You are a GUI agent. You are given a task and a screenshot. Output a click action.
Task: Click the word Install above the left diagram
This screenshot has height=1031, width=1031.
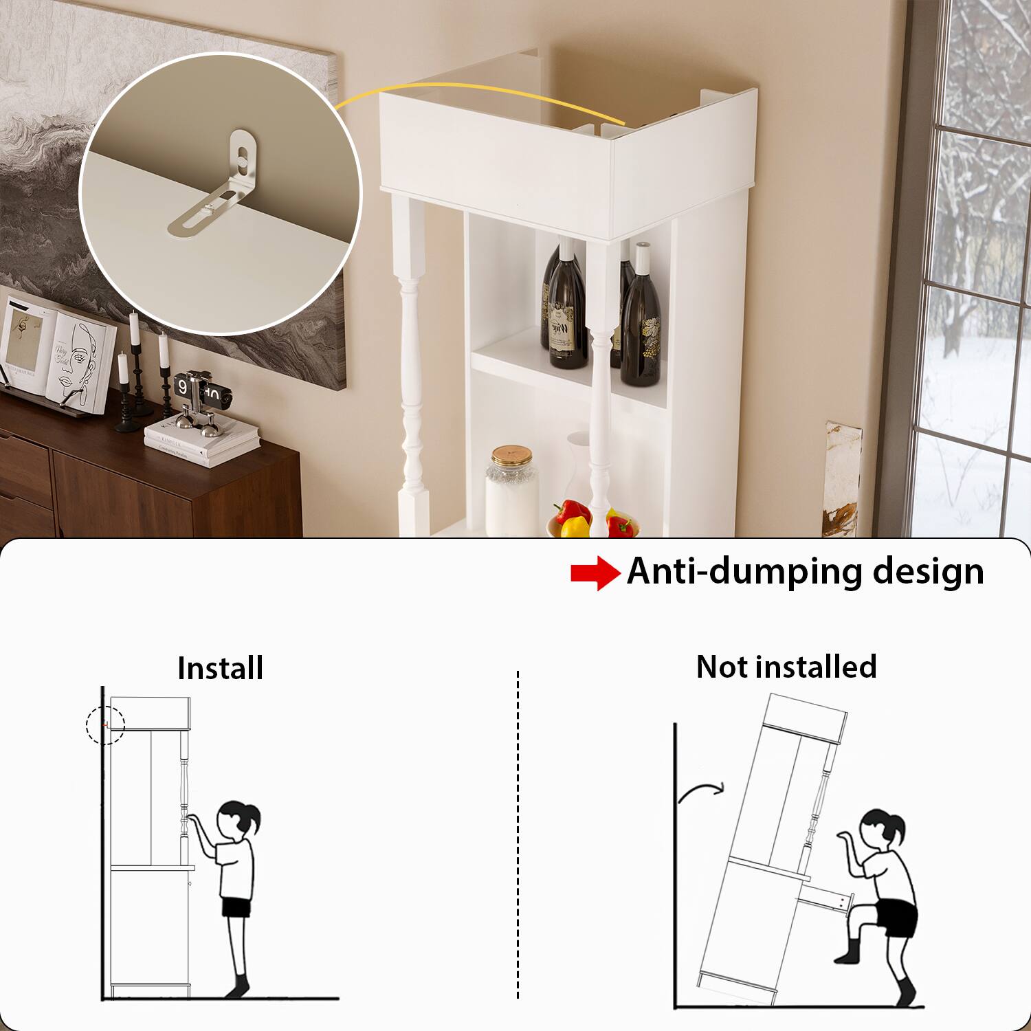(x=220, y=668)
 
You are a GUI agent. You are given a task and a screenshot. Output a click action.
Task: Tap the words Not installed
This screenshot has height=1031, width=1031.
(x=786, y=667)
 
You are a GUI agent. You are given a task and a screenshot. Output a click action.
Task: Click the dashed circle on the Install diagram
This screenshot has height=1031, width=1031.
(x=105, y=724)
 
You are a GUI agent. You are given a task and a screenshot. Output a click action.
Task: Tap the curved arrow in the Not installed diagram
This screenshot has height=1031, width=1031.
(x=701, y=792)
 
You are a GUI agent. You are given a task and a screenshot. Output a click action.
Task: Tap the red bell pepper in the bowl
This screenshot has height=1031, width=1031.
(x=572, y=512)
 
